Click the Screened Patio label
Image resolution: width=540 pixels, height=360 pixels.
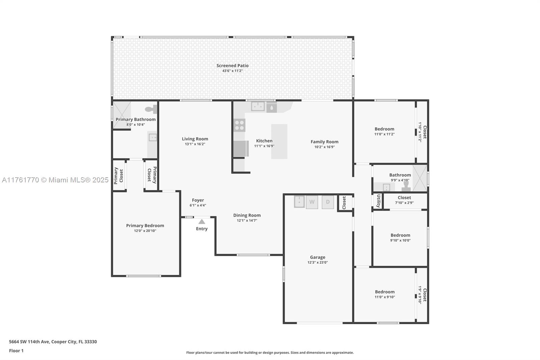[x=233, y=66]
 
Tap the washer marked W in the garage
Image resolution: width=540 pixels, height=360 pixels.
[x=312, y=202]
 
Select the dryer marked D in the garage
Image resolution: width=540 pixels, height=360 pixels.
[x=328, y=202]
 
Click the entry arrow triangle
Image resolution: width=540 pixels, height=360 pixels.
[x=202, y=222]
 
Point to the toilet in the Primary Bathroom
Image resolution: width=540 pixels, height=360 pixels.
[x=152, y=109]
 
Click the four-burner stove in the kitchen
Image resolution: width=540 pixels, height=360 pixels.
[x=239, y=125]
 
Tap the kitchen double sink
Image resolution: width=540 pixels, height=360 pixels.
[x=258, y=106]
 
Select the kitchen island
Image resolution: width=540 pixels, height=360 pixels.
[x=279, y=142]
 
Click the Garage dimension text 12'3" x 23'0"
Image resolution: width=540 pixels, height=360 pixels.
[x=318, y=262]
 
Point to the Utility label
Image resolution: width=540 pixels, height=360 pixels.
[x=378, y=201]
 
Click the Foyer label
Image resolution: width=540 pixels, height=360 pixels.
[x=198, y=200]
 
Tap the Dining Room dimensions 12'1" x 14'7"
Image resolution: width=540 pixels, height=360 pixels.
[x=247, y=221]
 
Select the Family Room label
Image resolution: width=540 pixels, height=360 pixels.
[x=324, y=142]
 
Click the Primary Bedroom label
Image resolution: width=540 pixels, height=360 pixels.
[x=145, y=225]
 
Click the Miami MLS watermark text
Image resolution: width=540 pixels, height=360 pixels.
[x=55, y=180]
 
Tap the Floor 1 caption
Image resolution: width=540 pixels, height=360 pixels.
[x=16, y=351]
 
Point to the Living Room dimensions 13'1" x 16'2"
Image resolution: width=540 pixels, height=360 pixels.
[x=195, y=144]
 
